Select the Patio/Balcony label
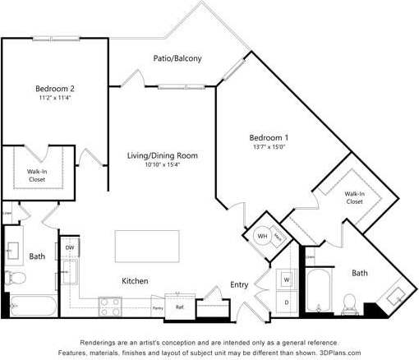click(177, 58)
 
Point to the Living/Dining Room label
click(162, 155)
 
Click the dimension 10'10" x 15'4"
click(162, 165)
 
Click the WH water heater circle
click(263, 236)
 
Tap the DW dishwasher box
click(70, 247)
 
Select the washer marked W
click(287, 279)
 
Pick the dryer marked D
click(287, 302)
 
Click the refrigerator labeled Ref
click(179, 307)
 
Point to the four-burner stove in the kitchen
click(110, 307)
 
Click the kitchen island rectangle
click(146, 246)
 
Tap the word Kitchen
click(135, 281)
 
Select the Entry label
click(239, 284)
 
